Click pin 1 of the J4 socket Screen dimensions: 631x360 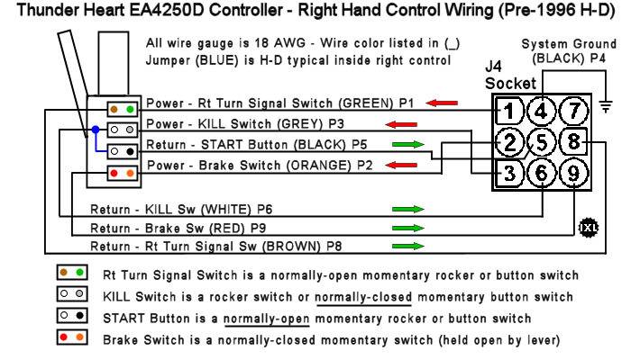(x=509, y=111)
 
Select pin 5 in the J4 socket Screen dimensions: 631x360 (x=542, y=142)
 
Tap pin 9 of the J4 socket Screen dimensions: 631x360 (x=573, y=173)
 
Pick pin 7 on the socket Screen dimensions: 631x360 (x=574, y=111)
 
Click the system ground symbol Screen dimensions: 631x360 (x=606, y=106)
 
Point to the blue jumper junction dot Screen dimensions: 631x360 (x=96, y=130)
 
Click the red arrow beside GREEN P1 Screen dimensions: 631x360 (x=442, y=103)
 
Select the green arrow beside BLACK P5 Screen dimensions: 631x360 (x=408, y=144)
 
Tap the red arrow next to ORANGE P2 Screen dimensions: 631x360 (x=401, y=165)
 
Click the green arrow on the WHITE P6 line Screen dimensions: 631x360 (x=408, y=209)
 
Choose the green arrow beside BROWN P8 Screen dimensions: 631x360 (x=408, y=246)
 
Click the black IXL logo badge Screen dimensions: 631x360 (x=589, y=228)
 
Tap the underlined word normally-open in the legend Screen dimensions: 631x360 (x=267, y=319)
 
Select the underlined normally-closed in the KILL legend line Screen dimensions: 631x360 (x=363, y=297)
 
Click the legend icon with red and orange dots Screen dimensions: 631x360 (x=72, y=337)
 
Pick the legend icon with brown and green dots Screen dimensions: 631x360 (x=72, y=273)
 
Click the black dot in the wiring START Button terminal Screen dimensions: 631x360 (x=130, y=151)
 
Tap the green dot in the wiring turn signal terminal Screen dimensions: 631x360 (x=130, y=109)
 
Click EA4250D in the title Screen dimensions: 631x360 (x=167, y=10)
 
